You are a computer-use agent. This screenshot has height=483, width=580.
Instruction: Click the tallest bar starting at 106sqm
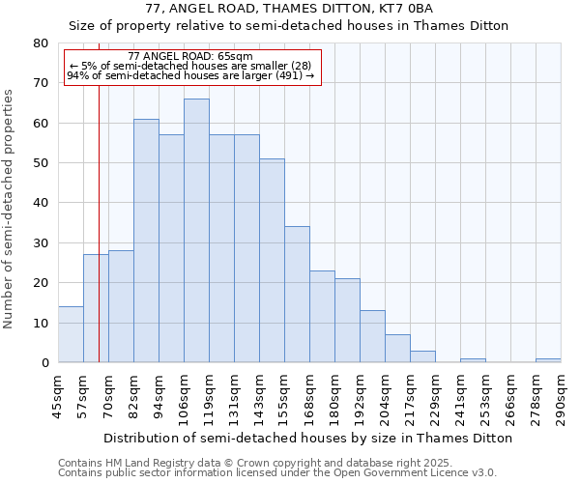196,231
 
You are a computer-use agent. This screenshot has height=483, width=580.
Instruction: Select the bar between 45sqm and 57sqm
71,334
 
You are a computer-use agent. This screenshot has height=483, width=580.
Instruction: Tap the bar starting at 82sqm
146,241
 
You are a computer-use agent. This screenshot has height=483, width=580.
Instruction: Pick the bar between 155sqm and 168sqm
297,295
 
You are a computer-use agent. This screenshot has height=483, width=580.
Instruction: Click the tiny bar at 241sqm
473,360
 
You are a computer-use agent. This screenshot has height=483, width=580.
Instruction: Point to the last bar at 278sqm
548,360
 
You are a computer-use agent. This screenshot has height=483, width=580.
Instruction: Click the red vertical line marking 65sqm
99,222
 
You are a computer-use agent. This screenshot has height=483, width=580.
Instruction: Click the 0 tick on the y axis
44,362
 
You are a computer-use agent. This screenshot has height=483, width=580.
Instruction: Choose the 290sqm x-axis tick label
561,396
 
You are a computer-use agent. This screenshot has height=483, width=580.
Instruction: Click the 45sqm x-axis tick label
58,396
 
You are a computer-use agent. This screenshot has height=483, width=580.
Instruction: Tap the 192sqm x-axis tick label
360,396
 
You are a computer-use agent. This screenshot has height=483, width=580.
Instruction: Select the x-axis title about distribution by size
308,438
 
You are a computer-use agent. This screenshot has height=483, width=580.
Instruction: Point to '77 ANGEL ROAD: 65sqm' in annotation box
190,57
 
